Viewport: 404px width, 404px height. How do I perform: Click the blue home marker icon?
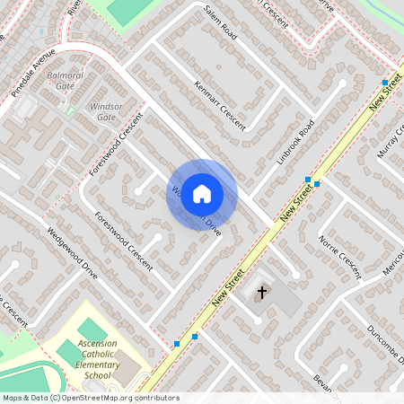click(202, 194)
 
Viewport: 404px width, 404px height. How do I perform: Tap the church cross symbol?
click(263, 292)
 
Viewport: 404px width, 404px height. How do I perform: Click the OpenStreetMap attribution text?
click(90, 397)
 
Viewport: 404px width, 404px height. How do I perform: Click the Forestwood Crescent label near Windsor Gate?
click(117, 145)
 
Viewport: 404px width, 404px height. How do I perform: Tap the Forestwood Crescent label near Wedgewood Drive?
click(124, 240)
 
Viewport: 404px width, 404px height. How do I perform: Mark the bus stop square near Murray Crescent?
click(384, 83)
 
